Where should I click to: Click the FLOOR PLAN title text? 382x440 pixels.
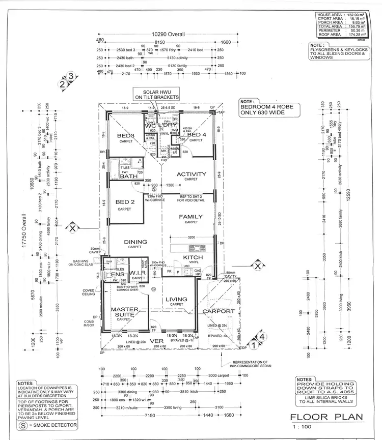click(x=326, y=418)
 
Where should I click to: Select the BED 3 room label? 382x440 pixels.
click(x=125, y=136)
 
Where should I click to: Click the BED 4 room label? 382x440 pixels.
click(x=196, y=134)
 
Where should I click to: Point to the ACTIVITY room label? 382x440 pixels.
click(x=191, y=174)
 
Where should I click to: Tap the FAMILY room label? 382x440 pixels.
click(x=191, y=217)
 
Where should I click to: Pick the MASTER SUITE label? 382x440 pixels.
click(x=122, y=312)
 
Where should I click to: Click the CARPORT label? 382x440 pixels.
click(x=217, y=311)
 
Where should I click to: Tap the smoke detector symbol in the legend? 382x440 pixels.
click(x=22, y=424)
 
